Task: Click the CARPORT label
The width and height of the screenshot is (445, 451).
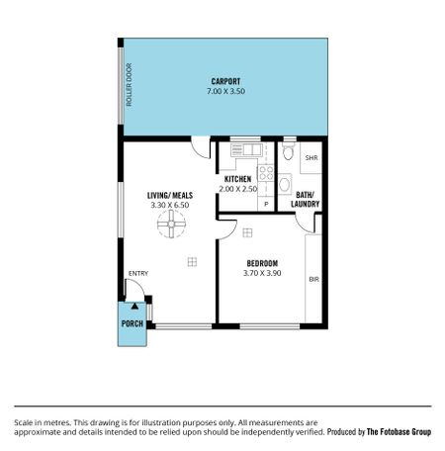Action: pyautogui.click(x=225, y=81)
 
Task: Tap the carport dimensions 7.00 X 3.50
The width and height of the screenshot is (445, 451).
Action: pyautogui.click(x=225, y=91)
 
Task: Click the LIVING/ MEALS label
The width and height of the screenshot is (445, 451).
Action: pyautogui.click(x=169, y=196)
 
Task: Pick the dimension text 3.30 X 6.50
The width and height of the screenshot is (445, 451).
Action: pyautogui.click(x=169, y=206)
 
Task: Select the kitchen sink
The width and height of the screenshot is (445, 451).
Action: pyautogui.click(x=244, y=151)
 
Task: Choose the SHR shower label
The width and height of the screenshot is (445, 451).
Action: pyautogui.click(x=311, y=158)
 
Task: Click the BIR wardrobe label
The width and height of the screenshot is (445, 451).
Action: pyautogui.click(x=313, y=280)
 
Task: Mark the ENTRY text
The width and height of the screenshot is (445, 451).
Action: pyautogui.click(x=137, y=274)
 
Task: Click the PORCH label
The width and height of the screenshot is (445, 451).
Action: pyautogui.click(x=133, y=323)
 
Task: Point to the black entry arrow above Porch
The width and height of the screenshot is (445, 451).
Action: pyautogui.click(x=134, y=308)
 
